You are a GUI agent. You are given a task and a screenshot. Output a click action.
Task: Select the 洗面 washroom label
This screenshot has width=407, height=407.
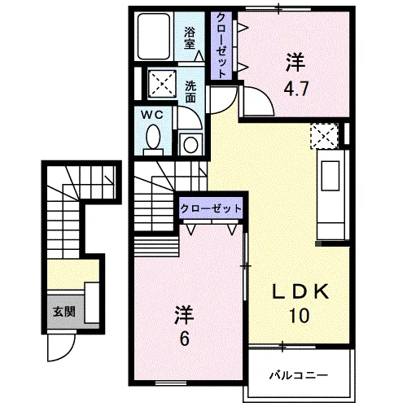(190, 90)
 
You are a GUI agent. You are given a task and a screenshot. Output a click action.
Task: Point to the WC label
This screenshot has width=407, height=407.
(155, 115)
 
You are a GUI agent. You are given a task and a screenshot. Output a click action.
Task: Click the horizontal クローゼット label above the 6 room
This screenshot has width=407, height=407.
(211, 208)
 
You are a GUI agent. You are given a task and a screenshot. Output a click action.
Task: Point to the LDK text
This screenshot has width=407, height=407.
(300, 292)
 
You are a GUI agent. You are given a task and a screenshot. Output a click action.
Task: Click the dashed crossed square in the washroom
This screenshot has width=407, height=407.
(157, 81)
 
